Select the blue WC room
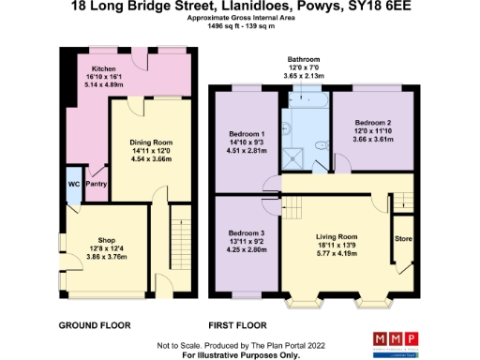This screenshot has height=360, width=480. pos(72,184)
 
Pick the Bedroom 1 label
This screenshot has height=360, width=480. pos(244,132)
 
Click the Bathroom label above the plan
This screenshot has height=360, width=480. pos(308,59)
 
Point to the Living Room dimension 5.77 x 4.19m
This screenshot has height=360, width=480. pos(336,253)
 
